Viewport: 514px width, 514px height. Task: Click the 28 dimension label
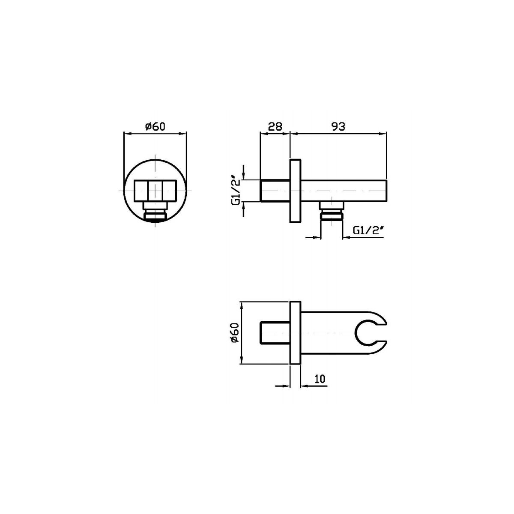tap(275, 126)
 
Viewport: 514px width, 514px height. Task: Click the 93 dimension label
tap(338, 126)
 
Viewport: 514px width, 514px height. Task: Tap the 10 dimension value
tap(320, 379)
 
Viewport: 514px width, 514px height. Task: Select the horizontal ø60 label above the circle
tap(155, 126)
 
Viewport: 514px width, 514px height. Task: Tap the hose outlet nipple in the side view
tap(331, 211)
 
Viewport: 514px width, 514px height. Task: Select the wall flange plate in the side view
tap(295, 191)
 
